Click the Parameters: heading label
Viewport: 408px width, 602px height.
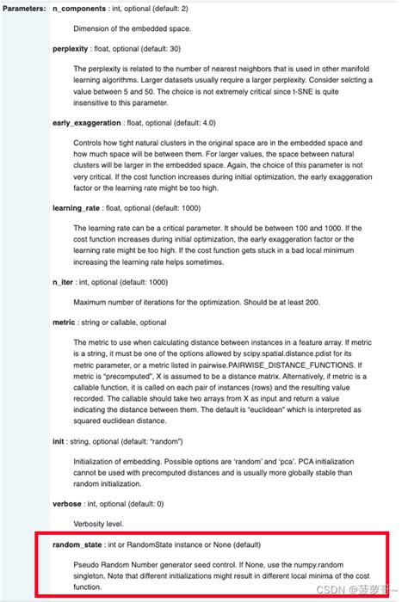pos(24,8)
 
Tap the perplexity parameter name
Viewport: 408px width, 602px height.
pos(71,49)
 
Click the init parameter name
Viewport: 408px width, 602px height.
pos(59,439)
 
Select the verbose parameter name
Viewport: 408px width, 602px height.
pos(68,502)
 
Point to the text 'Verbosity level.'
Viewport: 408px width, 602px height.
pos(102,523)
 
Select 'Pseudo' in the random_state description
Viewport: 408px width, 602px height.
pos(87,566)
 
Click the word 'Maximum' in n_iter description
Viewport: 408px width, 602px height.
pos(93,302)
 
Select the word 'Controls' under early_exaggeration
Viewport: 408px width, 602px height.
pos(90,144)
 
